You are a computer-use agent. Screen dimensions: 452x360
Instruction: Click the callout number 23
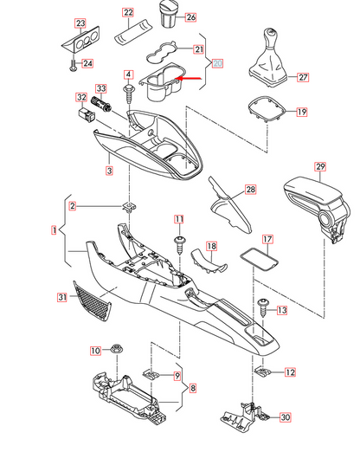click(80, 23)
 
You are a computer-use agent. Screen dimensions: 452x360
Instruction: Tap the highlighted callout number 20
click(217, 63)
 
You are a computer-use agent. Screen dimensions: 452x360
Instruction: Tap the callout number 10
click(96, 351)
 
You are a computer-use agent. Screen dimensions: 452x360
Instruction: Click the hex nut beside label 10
click(115, 351)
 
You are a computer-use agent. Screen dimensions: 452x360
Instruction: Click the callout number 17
click(267, 239)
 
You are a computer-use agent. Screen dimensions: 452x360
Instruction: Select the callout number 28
click(250, 190)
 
